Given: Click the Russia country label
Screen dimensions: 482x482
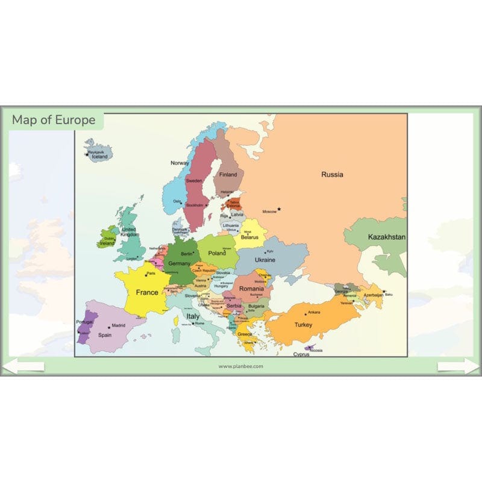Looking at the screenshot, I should click(x=332, y=175).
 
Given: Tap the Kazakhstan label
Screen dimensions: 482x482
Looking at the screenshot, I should click(x=387, y=237).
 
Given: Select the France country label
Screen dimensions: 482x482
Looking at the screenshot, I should click(x=146, y=292).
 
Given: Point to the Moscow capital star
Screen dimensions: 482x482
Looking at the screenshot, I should click(x=279, y=209).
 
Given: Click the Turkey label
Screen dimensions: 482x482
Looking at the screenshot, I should click(x=303, y=325).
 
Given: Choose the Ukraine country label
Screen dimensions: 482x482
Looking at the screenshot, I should click(x=265, y=260).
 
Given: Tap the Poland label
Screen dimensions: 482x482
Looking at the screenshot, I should click(x=217, y=254).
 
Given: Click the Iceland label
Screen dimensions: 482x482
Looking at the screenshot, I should click(x=99, y=157).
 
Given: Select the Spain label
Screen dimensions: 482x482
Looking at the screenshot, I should click(x=105, y=335).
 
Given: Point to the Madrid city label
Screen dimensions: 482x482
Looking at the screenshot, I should click(x=119, y=325).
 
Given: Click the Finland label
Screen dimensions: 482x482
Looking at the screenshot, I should click(x=228, y=175).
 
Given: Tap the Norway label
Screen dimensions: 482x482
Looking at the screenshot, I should click(x=180, y=163).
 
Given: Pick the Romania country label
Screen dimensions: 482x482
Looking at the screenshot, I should click(x=251, y=289).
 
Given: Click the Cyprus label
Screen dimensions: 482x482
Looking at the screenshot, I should click(x=301, y=354).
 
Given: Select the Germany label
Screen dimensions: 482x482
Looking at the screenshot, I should click(x=179, y=263).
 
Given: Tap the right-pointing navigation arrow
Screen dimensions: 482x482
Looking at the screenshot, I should click(x=459, y=366).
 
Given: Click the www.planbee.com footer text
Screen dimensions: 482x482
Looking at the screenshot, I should click(x=241, y=366).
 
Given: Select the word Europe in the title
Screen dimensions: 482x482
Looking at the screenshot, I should click(x=75, y=120).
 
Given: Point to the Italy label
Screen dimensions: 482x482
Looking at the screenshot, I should click(x=192, y=316).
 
